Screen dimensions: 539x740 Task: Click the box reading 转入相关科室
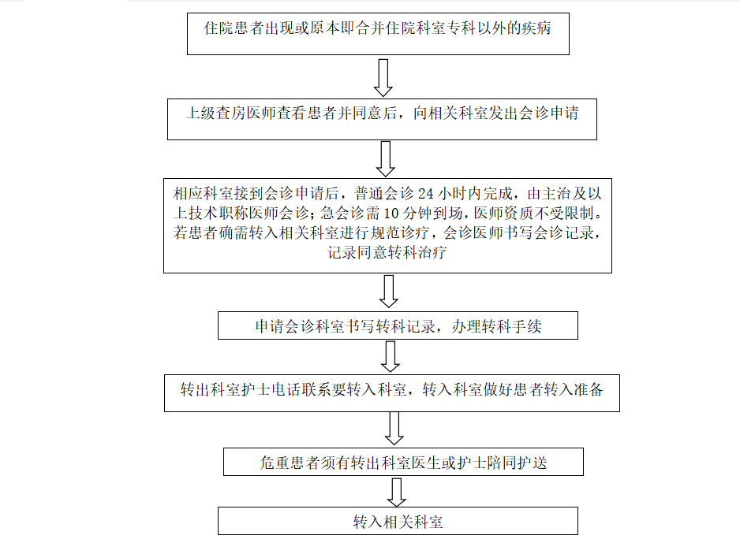[x=398, y=522]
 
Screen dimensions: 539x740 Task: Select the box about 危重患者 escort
[x=403, y=463]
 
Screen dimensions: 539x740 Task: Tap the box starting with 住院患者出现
[x=377, y=32]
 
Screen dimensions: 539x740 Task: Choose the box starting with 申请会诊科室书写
[x=398, y=326]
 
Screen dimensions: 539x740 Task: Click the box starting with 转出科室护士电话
[x=391, y=389]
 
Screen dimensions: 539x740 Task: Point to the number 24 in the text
[x=426, y=193]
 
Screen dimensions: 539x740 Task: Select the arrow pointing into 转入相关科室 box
[x=397, y=492]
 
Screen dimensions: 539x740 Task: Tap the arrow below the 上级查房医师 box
[x=386, y=158]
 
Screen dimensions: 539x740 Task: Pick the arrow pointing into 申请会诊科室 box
[x=389, y=292]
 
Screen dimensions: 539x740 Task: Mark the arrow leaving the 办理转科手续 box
[x=391, y=356]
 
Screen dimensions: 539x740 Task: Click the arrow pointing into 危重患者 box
[x=394, y=429]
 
